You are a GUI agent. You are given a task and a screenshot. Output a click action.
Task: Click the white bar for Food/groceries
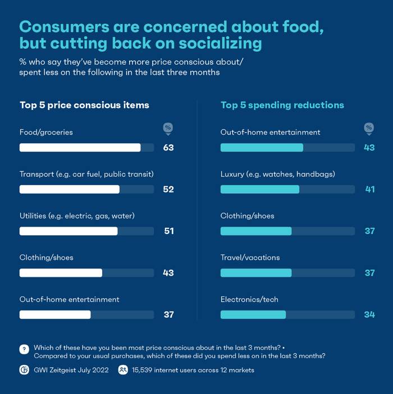point(80,148)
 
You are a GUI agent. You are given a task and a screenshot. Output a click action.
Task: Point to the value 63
point(168,148)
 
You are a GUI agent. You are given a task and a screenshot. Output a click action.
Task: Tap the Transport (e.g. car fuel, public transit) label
point(86,174)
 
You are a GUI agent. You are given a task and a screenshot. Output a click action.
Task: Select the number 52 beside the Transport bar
point(168,189)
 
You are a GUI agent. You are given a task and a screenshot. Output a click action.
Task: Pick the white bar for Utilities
point(68,231)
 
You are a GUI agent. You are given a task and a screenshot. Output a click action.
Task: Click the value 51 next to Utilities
point(168,231)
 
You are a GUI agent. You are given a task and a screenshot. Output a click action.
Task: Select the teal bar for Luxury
point(259,190)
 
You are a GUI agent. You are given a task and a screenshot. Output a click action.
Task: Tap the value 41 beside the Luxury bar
point(369,189)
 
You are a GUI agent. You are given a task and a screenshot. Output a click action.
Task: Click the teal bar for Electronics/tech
point(253,315)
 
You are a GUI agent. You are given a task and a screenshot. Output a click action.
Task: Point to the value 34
point(369,314)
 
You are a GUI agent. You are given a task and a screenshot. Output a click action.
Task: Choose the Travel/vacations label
point(250,258)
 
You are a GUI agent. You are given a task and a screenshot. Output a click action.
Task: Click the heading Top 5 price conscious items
point(84,105)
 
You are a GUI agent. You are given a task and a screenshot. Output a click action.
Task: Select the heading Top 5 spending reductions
point(282,105)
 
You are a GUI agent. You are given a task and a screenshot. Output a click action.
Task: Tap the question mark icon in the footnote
point(24,349)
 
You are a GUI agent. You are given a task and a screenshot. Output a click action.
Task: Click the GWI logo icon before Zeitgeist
point(24,370)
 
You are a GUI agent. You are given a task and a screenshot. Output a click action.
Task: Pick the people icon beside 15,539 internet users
point(123,370)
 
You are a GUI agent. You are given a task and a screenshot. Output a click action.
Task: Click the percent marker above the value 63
point(168,129)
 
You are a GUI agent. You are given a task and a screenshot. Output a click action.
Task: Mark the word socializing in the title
point(208,43)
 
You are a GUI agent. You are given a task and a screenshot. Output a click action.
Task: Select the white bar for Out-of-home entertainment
point(55,315)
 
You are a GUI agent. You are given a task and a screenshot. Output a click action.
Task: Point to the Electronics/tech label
point(249,299)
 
